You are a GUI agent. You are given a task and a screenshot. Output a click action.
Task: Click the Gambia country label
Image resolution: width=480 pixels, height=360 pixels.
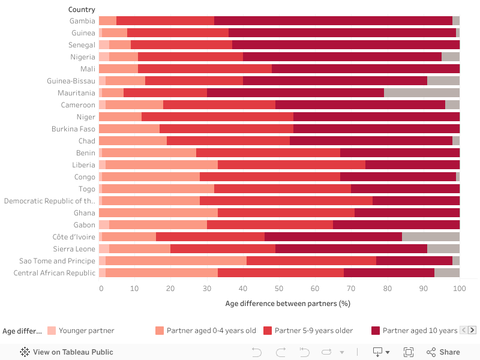pos(82,21)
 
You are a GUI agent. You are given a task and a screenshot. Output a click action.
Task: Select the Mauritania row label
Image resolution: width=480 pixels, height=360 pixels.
pos(76,93)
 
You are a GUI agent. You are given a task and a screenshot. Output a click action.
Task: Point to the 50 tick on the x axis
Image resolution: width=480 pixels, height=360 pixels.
pos(279,289)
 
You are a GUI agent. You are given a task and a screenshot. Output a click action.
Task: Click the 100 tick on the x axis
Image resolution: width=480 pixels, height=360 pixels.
pos(459,289)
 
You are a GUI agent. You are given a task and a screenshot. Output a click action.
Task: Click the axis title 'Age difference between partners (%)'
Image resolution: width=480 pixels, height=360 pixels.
pos(287,304)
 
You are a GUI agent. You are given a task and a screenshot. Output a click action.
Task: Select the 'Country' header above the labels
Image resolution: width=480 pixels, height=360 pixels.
pos(82,10)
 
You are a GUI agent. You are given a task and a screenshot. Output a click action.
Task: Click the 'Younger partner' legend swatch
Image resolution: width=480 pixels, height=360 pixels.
pos(52,331)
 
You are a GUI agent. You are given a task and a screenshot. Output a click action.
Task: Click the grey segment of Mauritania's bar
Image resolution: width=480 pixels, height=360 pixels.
pos(421,93)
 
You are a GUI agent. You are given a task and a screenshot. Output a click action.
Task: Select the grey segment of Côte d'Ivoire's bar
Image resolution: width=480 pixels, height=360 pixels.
pos(430,237)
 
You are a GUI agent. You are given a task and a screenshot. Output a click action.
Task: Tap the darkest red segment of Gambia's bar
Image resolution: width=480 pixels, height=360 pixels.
pos(333,21)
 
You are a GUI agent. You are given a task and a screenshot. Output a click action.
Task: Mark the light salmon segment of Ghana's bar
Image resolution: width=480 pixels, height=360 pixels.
pos(158,213)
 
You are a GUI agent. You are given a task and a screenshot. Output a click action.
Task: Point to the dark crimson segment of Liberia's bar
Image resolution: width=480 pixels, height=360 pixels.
pos(412,165)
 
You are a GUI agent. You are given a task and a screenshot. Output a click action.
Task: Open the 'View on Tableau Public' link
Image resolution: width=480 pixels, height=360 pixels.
pos(67,352)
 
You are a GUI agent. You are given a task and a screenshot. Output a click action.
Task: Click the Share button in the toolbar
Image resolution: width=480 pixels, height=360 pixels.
pos(443,352)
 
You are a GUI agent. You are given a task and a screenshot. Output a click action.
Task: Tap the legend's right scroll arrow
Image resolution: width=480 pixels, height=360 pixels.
pos(472,330)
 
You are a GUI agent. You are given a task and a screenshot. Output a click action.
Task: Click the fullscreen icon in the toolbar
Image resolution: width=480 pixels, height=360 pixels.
pos(409,352)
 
